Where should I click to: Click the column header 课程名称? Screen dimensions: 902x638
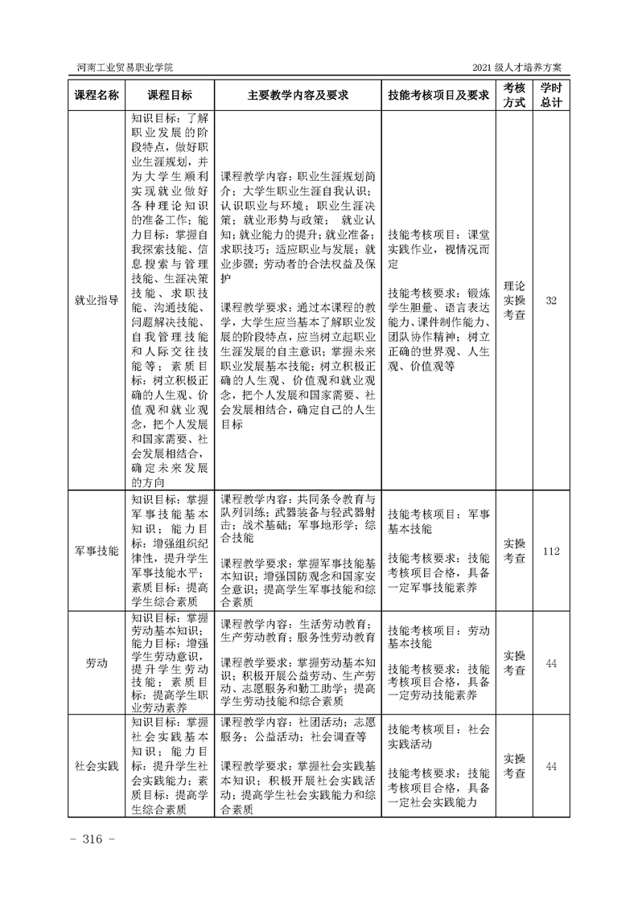click(97, 94)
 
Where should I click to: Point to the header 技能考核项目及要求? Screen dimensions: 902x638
click(438, 94)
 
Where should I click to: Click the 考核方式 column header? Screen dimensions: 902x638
click(515, 94)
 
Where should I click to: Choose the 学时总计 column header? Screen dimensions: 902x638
click(551, 94)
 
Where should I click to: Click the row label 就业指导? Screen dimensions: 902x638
click(97, 300)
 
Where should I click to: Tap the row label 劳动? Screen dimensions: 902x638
click(97, 663)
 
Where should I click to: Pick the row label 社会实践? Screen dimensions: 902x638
click(97, 765)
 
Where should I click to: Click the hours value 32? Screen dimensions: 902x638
click(551, 300)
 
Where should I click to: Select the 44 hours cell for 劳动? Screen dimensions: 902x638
click(551, 663)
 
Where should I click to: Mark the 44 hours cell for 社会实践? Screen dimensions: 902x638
click(551, 765)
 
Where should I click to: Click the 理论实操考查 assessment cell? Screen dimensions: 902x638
click(515, 300)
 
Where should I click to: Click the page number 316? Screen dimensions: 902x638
click(95, 840)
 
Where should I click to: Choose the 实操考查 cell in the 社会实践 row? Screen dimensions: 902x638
click(515, 765)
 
